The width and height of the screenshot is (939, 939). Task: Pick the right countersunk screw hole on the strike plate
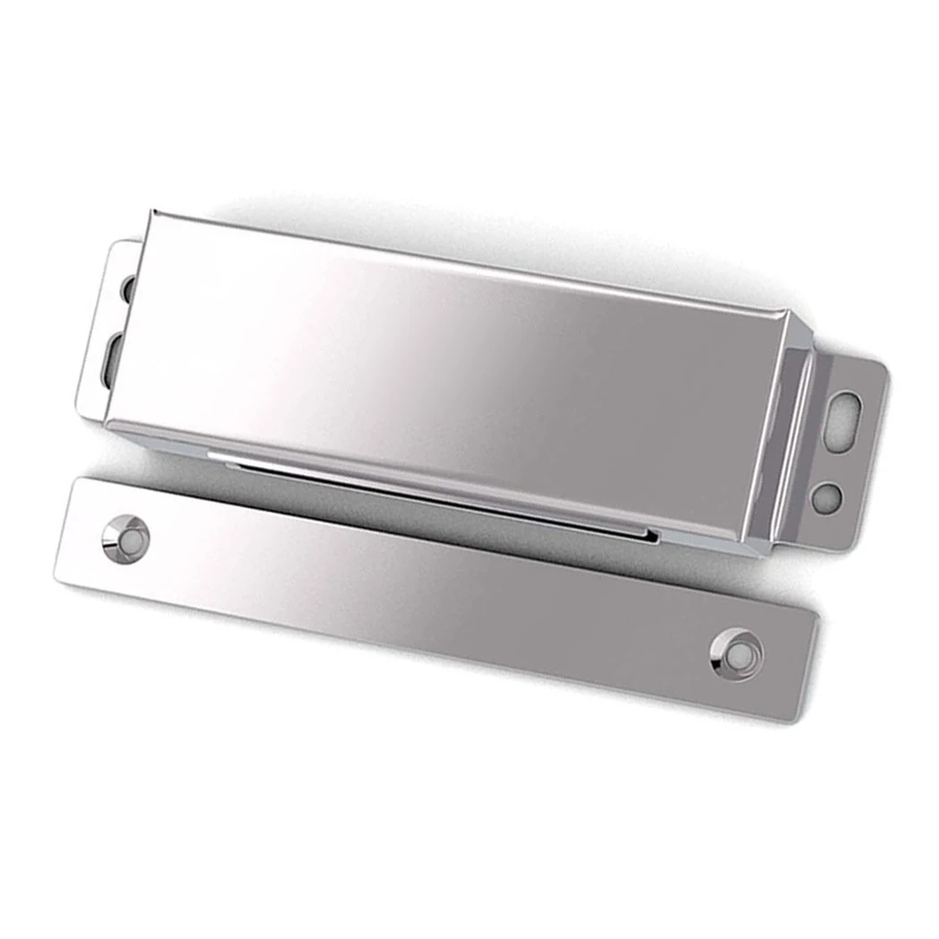(737, 655)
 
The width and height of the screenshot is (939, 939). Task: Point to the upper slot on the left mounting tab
(128, 288)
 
